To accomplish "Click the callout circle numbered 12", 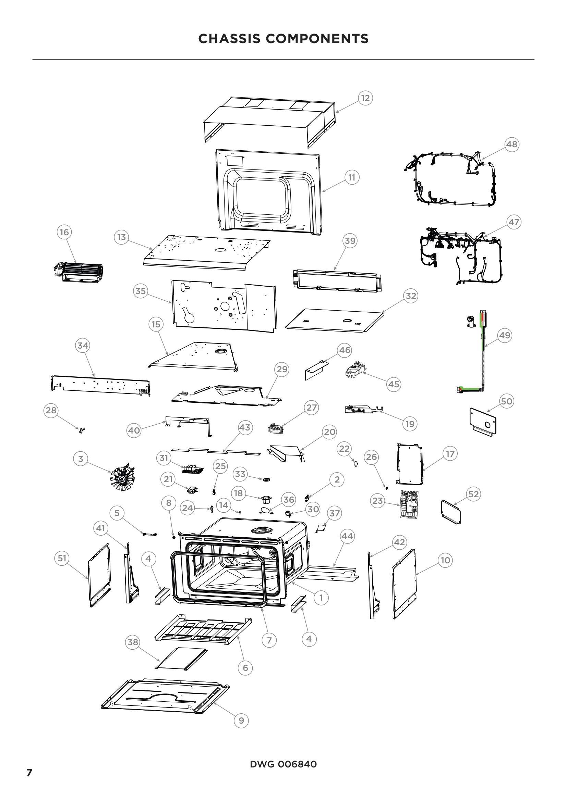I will (365, 98).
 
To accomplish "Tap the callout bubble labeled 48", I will (512, 144).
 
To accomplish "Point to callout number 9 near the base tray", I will (241, 721).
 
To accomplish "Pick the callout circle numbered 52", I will (473, 494).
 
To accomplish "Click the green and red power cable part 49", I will (483, 352).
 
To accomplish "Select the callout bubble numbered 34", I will (83, 346).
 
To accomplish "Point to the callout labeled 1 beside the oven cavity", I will (321, 598).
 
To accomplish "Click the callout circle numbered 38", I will (133, 642).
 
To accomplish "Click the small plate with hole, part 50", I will (483, 422).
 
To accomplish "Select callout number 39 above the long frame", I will (350, 241).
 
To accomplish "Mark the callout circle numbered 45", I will (394, 384).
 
